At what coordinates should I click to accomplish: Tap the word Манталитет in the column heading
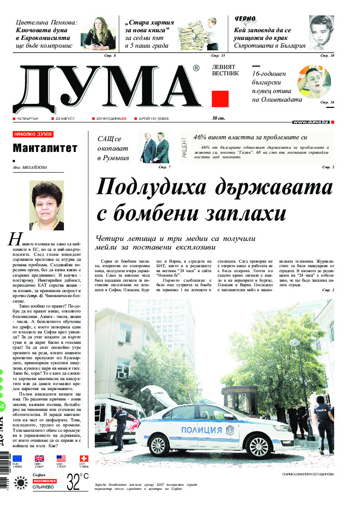(x=45, y=148)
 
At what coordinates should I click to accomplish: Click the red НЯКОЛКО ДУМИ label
(x=33, y=134)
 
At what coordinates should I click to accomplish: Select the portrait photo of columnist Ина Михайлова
(x=46, y=205)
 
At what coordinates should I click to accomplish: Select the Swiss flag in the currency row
(x=83, y=459)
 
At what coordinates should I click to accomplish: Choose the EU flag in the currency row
(x=17, y=459)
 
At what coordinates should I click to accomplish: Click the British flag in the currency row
(x=39, y=459)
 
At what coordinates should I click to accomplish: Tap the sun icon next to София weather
(x=21, y=483)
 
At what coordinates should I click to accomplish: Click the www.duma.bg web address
(x=311, y=122)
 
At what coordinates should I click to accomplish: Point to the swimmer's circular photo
(x=314, y=82)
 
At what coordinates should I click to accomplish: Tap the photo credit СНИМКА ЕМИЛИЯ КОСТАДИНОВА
(x=307, y=474)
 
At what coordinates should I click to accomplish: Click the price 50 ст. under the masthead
(x=219, y=118)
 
